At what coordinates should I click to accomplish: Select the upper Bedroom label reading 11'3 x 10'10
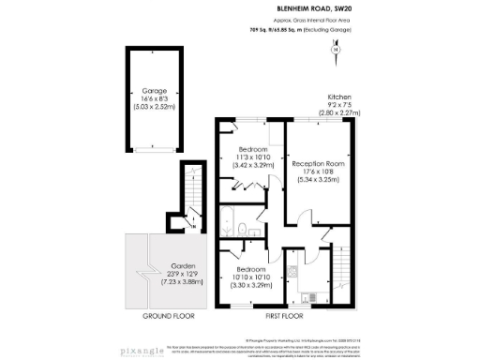coord(251,157)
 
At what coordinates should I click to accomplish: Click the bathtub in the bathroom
coord(226,221)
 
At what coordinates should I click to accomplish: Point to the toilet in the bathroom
coord(242,229)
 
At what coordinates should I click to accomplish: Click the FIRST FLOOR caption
coord(286,317)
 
